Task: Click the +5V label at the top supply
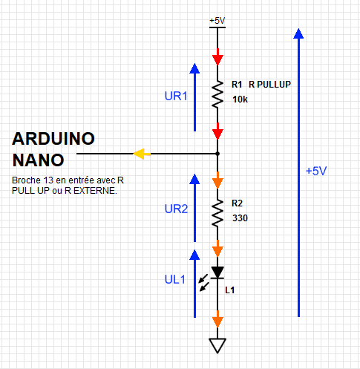[217, 21]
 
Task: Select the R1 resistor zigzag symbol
[217, 94]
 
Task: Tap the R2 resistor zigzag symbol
[217, 212]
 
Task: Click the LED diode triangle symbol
[217, 272]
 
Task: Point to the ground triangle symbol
[217, 345]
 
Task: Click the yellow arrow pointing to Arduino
[142, 154]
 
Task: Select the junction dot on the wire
[217, 154]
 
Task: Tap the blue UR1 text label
[176, 96]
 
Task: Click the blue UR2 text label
[176, 209]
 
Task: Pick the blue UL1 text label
[175, 280]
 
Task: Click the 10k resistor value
[240, 99]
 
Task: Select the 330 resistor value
[240, 218]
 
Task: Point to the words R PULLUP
[269, 85]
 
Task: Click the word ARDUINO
[53, 139]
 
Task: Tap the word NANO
[39, 160]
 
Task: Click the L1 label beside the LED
[229, 290]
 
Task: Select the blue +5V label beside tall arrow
[316, 171]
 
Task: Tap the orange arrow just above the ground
[217, 319]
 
